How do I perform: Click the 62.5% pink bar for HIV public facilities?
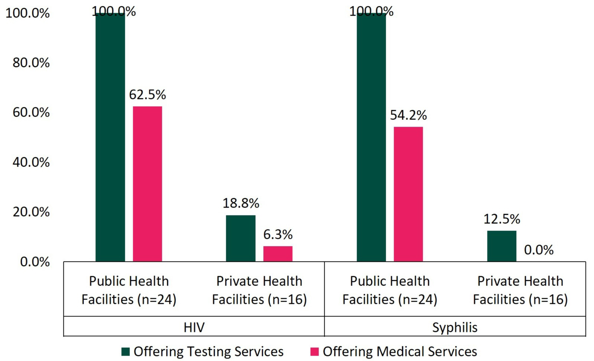147,184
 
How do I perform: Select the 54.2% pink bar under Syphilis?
408,194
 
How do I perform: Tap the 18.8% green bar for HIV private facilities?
241,238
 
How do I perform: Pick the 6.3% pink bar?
278,254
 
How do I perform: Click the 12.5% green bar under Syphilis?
502,246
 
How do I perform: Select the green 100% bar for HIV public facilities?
110,137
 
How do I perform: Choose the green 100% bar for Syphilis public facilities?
371,137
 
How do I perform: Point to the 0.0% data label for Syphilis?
539,250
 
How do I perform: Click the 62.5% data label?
147,95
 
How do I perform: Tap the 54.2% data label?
408,116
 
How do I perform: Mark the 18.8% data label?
241,203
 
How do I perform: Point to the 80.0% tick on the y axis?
31,63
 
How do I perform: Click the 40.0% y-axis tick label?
31,162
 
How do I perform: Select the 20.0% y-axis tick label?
31,212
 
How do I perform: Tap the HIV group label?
194,327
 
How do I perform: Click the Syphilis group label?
455,327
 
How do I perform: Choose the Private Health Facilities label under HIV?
259,290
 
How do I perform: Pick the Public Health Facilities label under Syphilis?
390,290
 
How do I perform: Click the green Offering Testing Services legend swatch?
125,352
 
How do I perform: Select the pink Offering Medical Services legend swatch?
314,352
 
